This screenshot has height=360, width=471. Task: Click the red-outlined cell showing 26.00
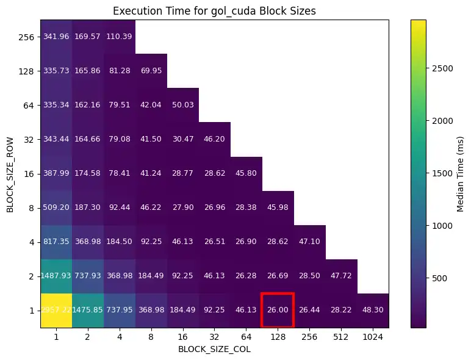click(278, 311)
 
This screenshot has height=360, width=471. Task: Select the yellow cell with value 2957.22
click(56, 311)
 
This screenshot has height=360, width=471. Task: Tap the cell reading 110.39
click(120, 37)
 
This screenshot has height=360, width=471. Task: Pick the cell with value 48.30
click(373, 311)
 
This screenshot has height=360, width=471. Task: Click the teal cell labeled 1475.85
click(88, 311)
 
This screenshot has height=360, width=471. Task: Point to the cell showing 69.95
click(151, 71)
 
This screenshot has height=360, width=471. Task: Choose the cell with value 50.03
click(183, 105)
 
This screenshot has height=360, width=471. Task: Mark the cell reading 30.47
click(183, 139)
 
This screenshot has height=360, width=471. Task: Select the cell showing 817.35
click(56, 242)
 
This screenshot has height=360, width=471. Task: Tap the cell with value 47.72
click(341, 276)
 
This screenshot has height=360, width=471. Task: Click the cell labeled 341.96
click(56, 37)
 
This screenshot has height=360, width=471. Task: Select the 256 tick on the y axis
click(27, 37)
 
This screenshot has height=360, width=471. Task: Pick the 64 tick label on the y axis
click(29, 105)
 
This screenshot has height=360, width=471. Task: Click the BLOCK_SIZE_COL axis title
click(214, 350)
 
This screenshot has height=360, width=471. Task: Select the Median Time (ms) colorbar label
click(461, 173)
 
